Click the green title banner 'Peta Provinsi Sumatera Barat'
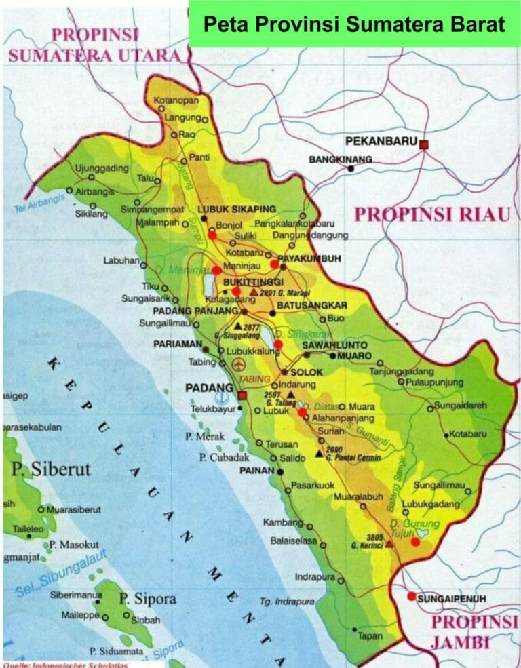(354, 24)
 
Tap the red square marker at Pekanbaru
(424, 144)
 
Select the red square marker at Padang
(242, 395)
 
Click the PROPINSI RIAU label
(432, 215)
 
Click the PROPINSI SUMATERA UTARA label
(95, 46)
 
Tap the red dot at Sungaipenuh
(411, 596)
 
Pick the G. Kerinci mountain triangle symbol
(389, 543)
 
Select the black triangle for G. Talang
(290, 394)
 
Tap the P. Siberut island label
(51, 469)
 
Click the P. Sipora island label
(147, 598)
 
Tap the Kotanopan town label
(177, 101)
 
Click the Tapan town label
(370, 635)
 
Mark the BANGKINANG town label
(341, 159)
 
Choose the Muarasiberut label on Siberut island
(73, 509)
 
